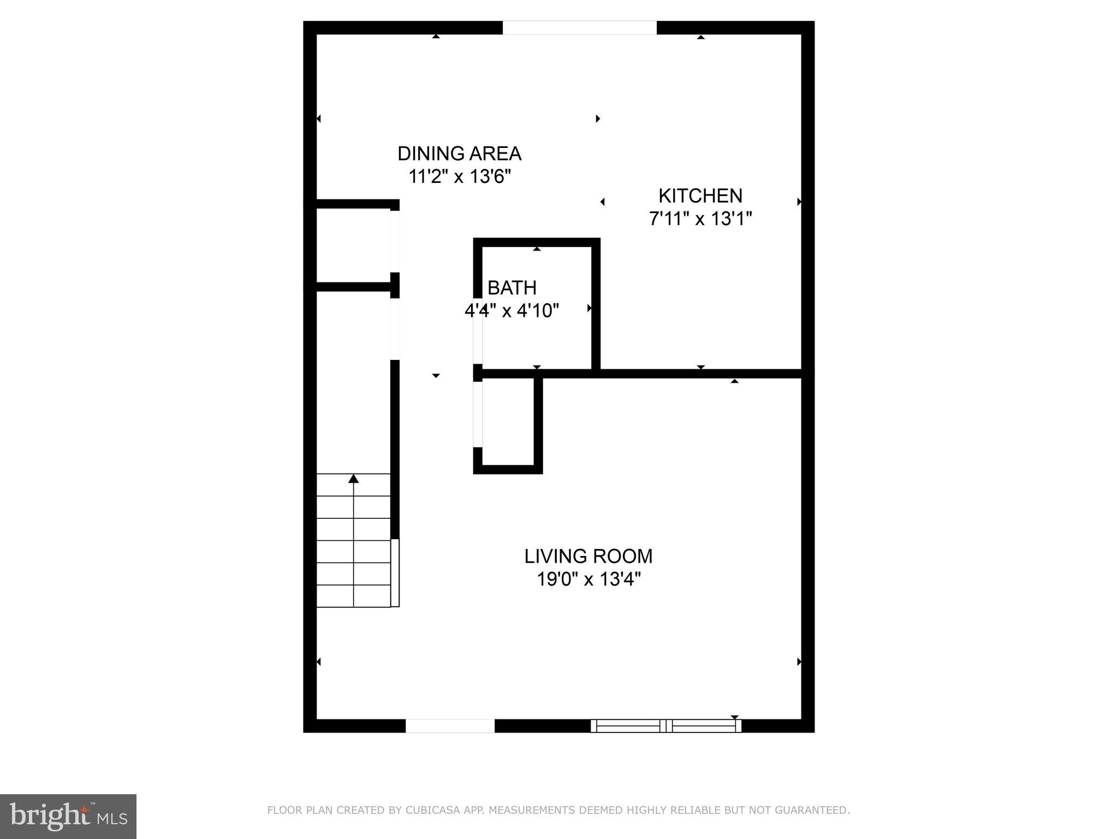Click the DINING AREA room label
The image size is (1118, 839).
click(459, 153)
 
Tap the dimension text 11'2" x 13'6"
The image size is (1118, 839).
click(460, 177)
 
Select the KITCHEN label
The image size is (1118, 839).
click(700, 196)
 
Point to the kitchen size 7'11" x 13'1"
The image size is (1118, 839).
click(700, 219)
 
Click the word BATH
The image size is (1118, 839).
click(512, 287)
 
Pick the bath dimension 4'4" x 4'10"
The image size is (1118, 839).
click(512, 311)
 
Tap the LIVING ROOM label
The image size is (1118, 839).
click(588, 556)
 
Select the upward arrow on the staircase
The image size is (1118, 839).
click(354, 479)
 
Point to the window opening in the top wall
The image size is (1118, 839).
click(579, 28)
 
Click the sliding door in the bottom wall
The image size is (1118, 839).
click(666, 726)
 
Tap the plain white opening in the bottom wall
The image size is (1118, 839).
click(450, 726)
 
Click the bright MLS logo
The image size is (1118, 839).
click(68, 817)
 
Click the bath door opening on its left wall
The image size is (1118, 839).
click(478, 339)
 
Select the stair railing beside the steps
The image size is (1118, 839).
click(395, 572)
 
